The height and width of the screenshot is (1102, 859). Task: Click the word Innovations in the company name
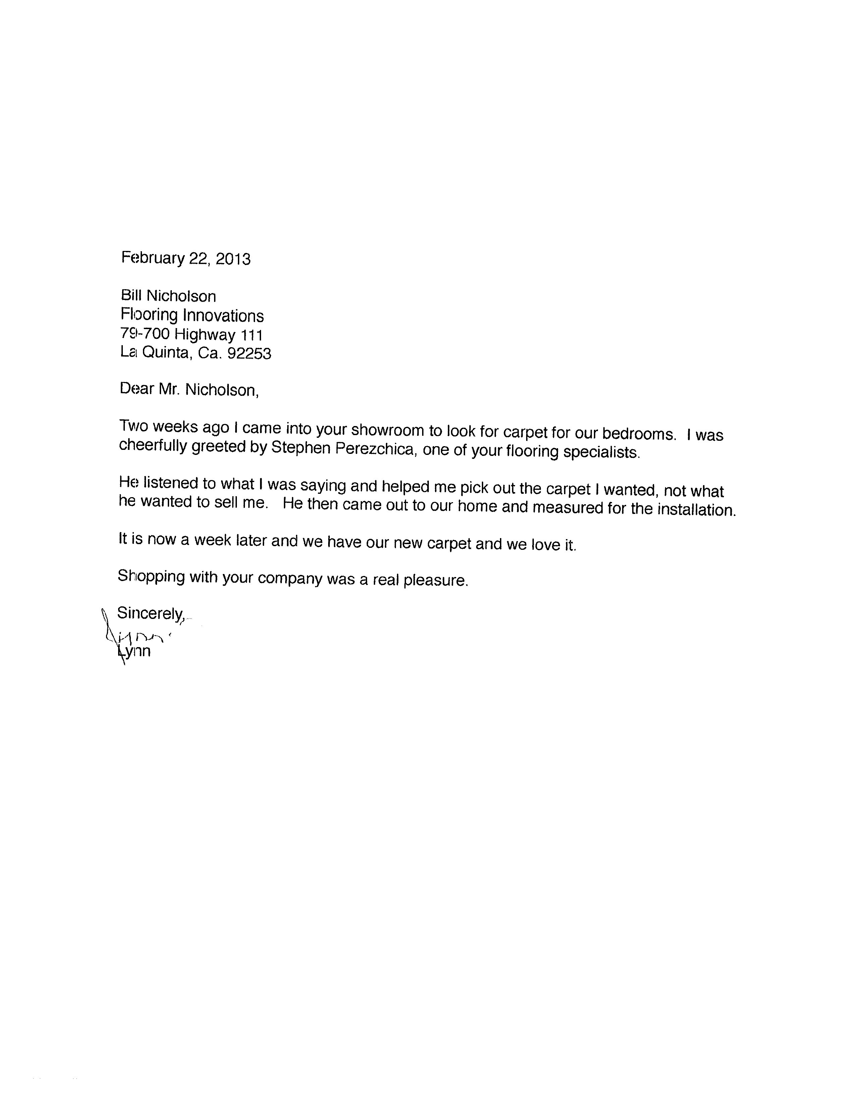pyautogui.click(x=223, y=316)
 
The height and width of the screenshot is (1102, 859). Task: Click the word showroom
pyautogui.click(x=388, y=429)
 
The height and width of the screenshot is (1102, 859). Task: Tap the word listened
pyautogui.click(x=170, y=483)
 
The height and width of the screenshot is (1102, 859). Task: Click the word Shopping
pyautogui.click(x=151, y=576)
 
